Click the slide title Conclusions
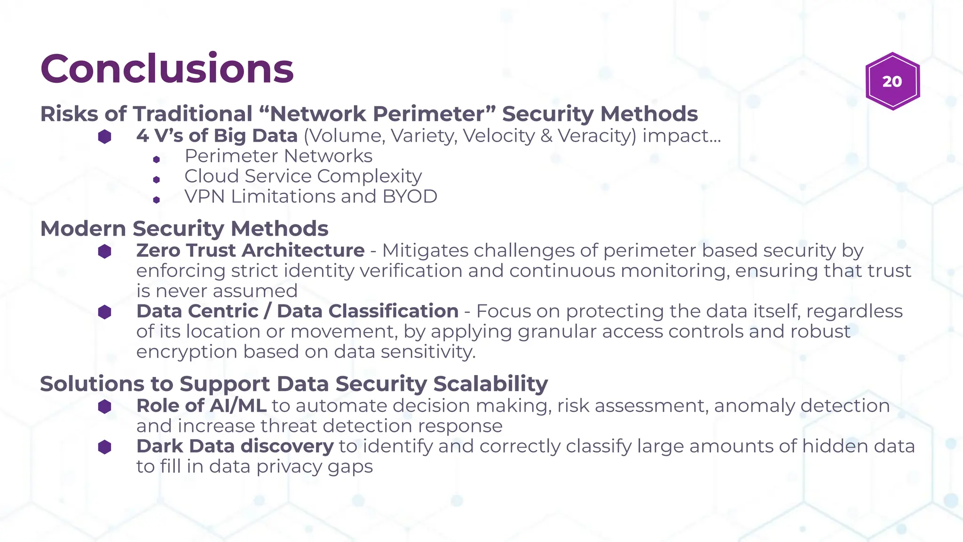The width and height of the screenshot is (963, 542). tap(167, 69)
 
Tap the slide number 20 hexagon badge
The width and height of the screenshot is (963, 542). tap(892, 81)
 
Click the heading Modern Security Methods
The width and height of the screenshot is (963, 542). tap(184, 229)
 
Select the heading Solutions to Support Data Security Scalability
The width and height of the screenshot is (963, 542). tap(294, 384)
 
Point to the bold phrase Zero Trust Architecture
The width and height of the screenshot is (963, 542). tap(250, 251)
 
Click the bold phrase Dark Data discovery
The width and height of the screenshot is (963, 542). tap(235, 446)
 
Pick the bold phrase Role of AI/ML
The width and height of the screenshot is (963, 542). tap(201, 406)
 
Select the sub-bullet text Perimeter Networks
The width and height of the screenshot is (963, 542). tap(278, 156)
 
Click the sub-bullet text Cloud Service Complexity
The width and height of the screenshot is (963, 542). tap(303, 176)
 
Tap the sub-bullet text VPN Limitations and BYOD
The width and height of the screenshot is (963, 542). tap(310, 197)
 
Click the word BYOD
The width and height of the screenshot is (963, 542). tap(410, 197)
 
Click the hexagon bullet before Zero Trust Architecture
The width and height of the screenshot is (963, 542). tap(104, 251)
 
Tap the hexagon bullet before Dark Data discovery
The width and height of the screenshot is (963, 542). tap(104, 447)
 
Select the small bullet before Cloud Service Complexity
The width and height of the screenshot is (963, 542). tap(157, 179)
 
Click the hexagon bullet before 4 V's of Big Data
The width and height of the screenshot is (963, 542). tap(104, 136)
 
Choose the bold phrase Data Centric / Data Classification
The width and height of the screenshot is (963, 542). tap(297, 311)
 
